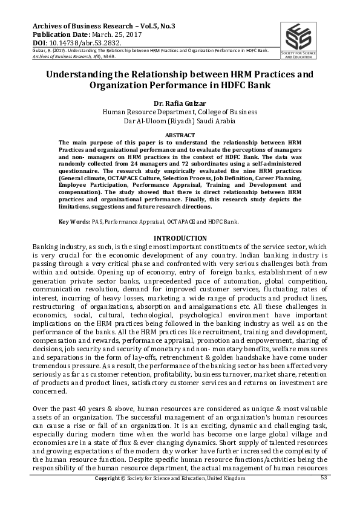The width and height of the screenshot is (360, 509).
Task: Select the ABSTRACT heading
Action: tap(180, 134)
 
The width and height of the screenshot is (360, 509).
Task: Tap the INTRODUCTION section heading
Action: tap(180, 238)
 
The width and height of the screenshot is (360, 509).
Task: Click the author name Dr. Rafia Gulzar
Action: tap(180, 103)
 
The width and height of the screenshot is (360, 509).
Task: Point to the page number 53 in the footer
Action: tap(324, 478)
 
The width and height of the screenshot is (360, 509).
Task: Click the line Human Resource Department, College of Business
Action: tap(180, 112)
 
